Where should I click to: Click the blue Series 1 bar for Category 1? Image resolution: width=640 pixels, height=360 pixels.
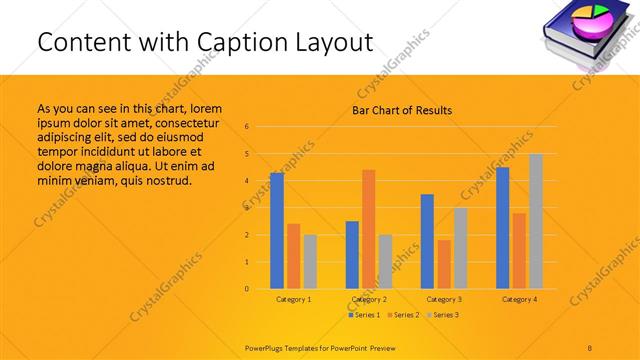tap(277, 231)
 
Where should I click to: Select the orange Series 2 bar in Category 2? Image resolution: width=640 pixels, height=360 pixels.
tap(369, 229)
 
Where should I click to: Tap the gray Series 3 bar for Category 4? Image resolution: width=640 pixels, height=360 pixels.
tap(536, 221)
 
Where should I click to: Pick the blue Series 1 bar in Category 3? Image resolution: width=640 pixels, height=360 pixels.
tap(427, 241)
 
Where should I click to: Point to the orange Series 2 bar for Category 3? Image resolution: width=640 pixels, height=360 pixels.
tap(444, 264)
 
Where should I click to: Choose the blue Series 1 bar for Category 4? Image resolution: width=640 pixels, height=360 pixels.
tap(502, 228)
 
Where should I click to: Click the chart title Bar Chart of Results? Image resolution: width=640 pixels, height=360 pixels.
tap(402, 110)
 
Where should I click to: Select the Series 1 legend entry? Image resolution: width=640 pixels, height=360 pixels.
tap(364, 315)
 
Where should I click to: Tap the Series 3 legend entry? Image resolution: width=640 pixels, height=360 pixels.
tap(444, 315)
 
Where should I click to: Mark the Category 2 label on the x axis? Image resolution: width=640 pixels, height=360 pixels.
tap(369, 299)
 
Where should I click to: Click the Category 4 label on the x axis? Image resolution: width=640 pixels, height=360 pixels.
tap(519, 299)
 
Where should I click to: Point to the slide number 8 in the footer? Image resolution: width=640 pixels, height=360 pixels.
tap(590, 346)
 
